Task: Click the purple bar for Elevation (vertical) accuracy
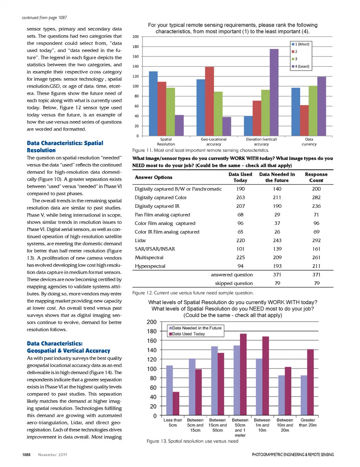coord(274,92)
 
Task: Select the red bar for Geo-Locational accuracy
coord(209,101)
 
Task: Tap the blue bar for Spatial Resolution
coord(153,104)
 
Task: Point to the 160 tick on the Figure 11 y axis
coord(135,57)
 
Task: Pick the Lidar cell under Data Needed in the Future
coord(277,240)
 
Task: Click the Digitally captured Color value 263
coord(240,198)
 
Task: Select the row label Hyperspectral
coord(150,266)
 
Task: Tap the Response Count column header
coord(316,177)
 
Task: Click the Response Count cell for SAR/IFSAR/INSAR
coord(316,249)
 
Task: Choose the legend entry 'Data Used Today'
coord(188,334)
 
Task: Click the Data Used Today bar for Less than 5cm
coord(175,404)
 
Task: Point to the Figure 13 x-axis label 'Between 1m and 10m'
coord(262,425)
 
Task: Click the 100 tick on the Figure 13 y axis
coord(152,369)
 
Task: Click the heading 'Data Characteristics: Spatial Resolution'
coord(65,147)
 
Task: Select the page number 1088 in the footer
coord(26,455)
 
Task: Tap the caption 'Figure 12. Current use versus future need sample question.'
coord(193,293)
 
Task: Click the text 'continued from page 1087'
coord(44,18)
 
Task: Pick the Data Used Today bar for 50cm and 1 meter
coord(243,374)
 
